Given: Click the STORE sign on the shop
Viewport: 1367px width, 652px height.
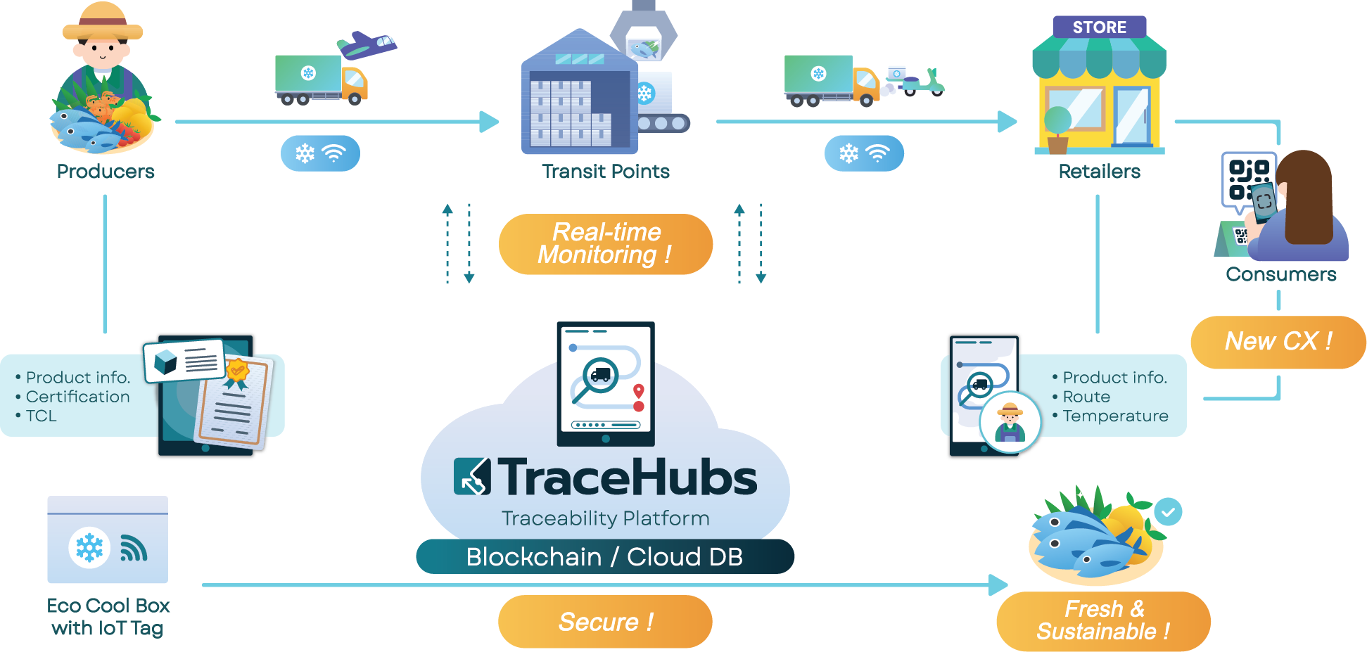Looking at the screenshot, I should tap(1099, 27).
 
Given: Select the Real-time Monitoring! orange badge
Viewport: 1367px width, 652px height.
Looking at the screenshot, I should tap(606, 244).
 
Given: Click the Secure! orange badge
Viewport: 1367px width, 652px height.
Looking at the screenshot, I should tap(605, 622).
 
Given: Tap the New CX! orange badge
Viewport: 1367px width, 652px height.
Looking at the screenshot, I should tap(1278, 342).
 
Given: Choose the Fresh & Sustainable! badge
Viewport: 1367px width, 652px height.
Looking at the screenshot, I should tap(1103, 621).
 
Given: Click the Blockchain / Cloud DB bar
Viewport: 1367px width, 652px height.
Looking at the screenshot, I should tap(604, 557).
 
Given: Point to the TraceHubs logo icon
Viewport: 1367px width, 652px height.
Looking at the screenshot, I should tap(472, 477).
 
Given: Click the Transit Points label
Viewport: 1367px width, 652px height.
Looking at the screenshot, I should tap(605, 172).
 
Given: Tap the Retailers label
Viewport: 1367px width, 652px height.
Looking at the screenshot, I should tap(1099, 172).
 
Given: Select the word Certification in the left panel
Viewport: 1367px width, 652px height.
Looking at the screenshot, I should tap(77, 397).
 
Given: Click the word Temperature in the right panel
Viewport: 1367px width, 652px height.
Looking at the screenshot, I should tap(1115, 416).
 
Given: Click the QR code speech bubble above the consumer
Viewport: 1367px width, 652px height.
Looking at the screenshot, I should tap(1247, 180).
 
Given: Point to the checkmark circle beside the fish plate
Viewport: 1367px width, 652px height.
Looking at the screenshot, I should tap(1168, 512).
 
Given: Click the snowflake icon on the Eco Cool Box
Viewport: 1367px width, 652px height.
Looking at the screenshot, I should tap(89, 547).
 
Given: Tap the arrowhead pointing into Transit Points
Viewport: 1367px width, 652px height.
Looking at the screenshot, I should tap(490, 122).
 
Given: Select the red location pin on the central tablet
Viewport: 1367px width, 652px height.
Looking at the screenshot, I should tap(639, 391).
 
